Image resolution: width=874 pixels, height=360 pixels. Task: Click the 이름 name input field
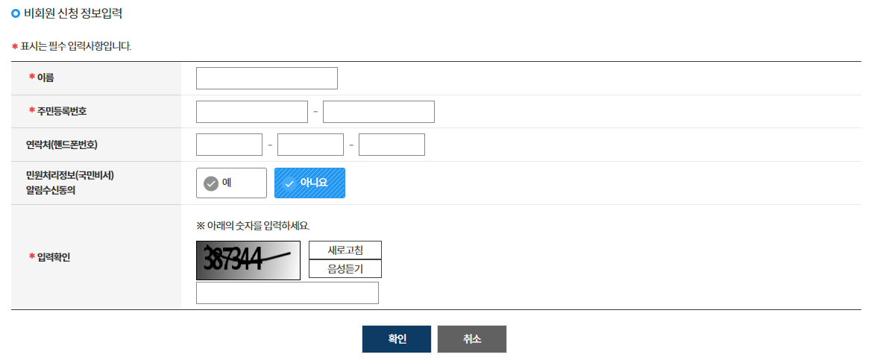266,78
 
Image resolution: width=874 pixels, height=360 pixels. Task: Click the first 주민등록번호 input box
251,112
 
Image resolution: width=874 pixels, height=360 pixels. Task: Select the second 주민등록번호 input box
378,112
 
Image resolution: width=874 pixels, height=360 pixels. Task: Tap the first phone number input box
229,145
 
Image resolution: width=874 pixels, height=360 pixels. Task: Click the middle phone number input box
310,145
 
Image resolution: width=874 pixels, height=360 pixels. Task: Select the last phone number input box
392,145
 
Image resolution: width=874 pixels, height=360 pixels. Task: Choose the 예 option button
231,183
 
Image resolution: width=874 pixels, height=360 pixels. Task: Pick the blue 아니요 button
309,183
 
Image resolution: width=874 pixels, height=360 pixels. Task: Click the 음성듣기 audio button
345,269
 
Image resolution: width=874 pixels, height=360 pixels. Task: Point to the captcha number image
248,260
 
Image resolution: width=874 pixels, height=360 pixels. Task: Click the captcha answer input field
287,293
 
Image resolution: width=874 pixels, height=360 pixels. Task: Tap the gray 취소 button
471,339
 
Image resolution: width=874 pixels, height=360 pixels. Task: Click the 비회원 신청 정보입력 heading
73,13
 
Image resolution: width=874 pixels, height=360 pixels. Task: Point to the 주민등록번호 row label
62,111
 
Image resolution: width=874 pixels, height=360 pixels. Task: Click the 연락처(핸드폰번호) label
62,144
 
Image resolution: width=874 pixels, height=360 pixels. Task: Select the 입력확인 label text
54,257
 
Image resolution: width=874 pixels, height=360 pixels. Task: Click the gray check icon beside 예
211,183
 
